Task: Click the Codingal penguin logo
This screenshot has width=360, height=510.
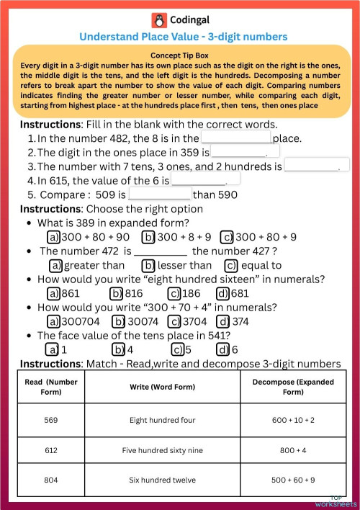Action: [x=158, y=20]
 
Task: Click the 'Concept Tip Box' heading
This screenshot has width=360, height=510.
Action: [x=180, y=55]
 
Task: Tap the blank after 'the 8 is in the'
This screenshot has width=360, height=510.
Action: [x=236, y=137]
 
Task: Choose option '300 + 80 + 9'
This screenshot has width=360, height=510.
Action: [x=258, y=236]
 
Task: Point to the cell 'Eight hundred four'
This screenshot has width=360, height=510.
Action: [x=158, y=419]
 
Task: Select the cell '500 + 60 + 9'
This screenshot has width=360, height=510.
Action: [x=293, y=480]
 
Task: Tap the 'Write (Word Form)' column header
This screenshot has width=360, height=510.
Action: [x=158, y=387]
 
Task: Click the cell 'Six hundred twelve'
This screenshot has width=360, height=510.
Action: [x=158, y=480]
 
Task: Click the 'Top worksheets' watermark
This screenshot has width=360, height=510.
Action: [x=343, y=501]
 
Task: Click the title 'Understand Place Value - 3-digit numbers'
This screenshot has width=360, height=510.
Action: [x=183, y=37]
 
